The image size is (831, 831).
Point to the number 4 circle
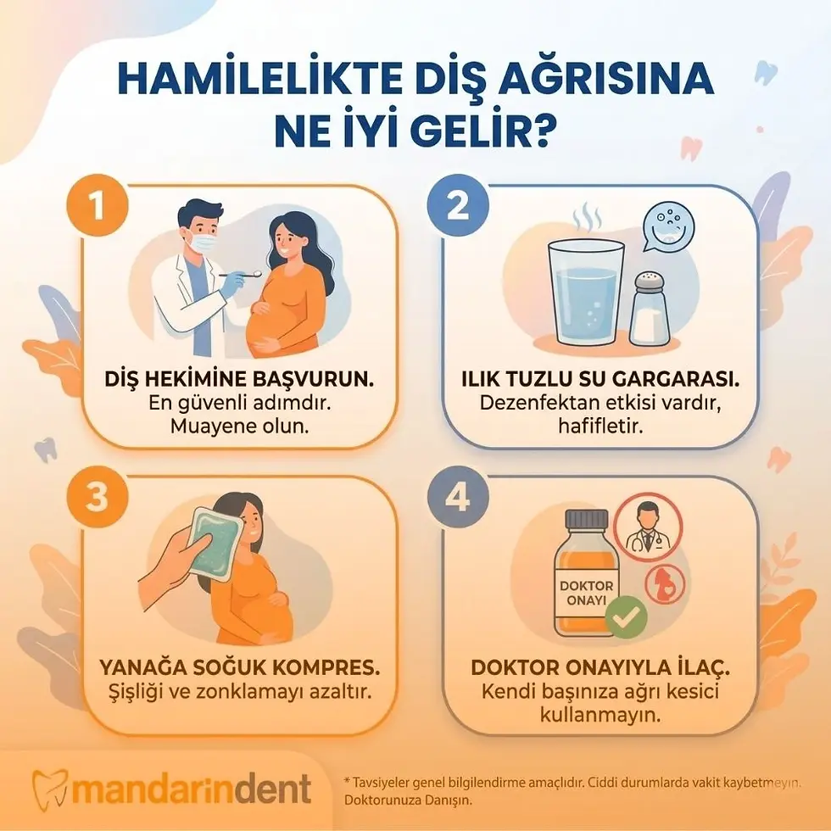point(457,499)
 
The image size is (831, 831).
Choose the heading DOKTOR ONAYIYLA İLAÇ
point(600,666)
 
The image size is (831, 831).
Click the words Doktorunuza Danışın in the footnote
point(407,800)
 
